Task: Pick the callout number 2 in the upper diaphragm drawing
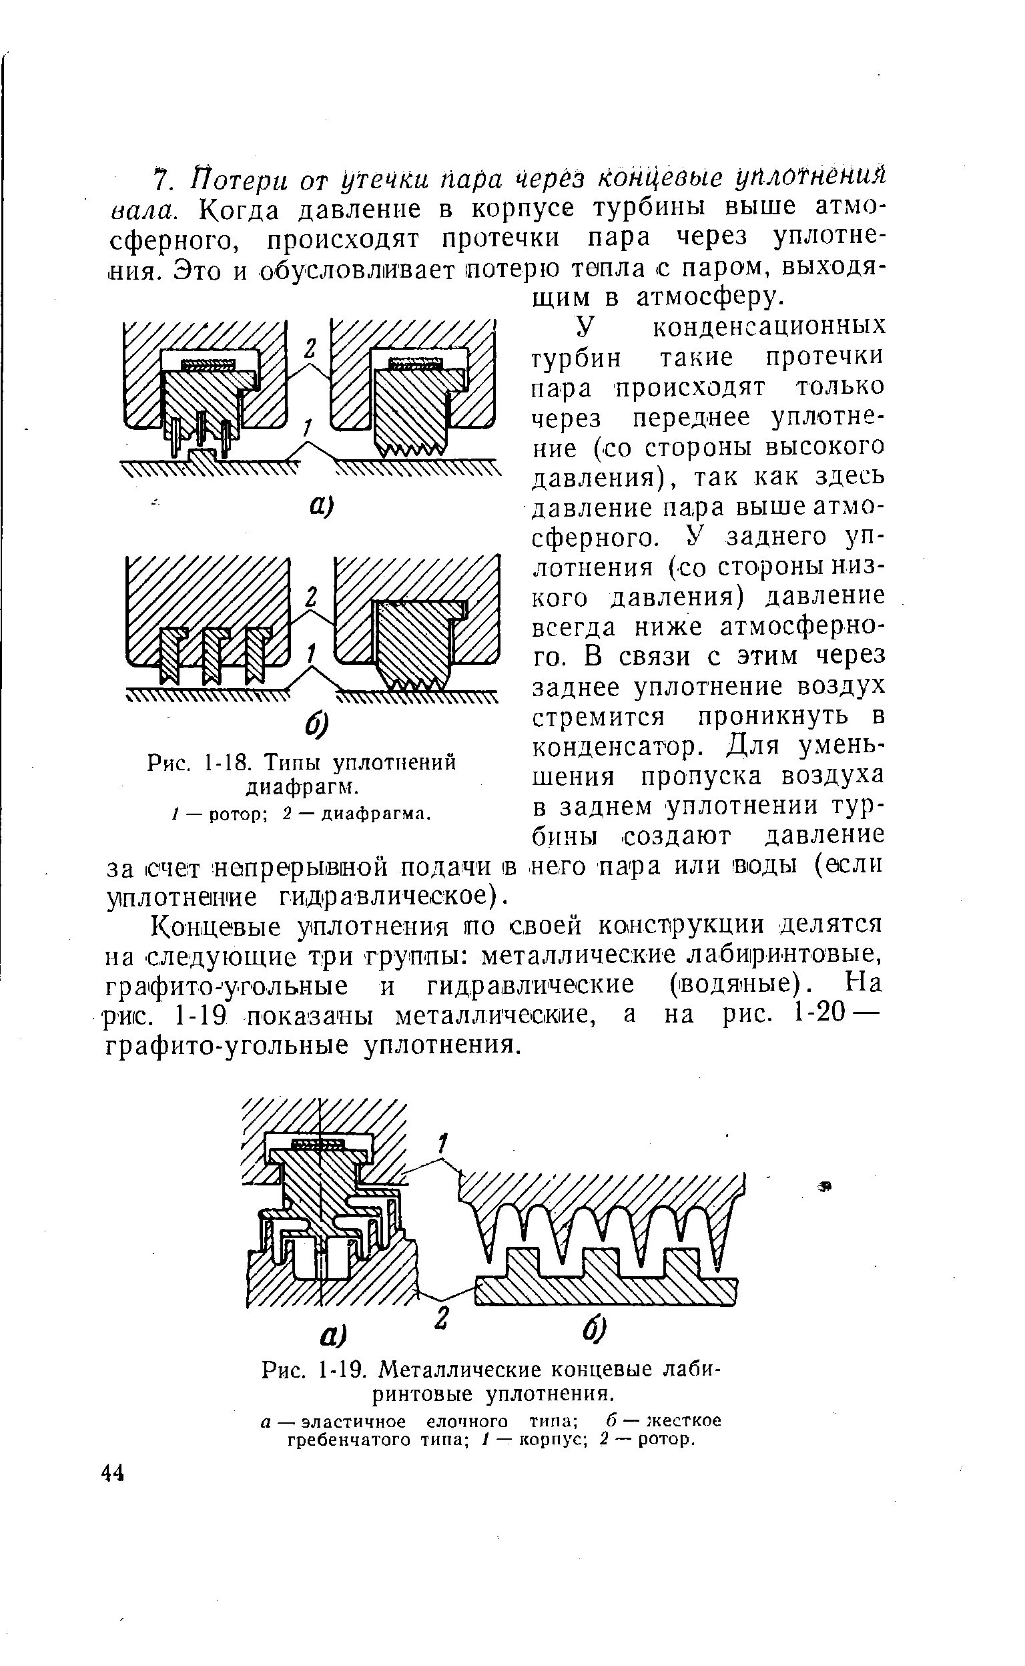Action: coord(310,348)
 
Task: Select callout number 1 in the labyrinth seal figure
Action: coord(442,1145)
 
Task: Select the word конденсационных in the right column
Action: coord(768,327)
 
